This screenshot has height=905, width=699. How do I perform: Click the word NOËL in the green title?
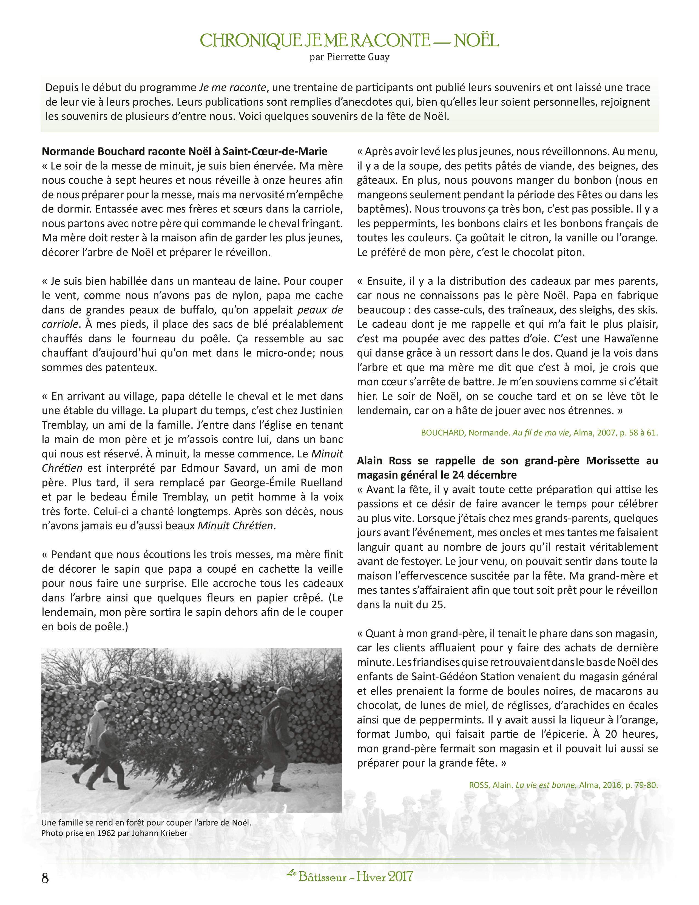pos(476,41)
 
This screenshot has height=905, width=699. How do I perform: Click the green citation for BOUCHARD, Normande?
pos(539,432)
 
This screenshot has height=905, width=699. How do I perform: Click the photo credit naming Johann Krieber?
pos(114,833)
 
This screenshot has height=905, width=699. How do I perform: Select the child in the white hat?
pos(97,729)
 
